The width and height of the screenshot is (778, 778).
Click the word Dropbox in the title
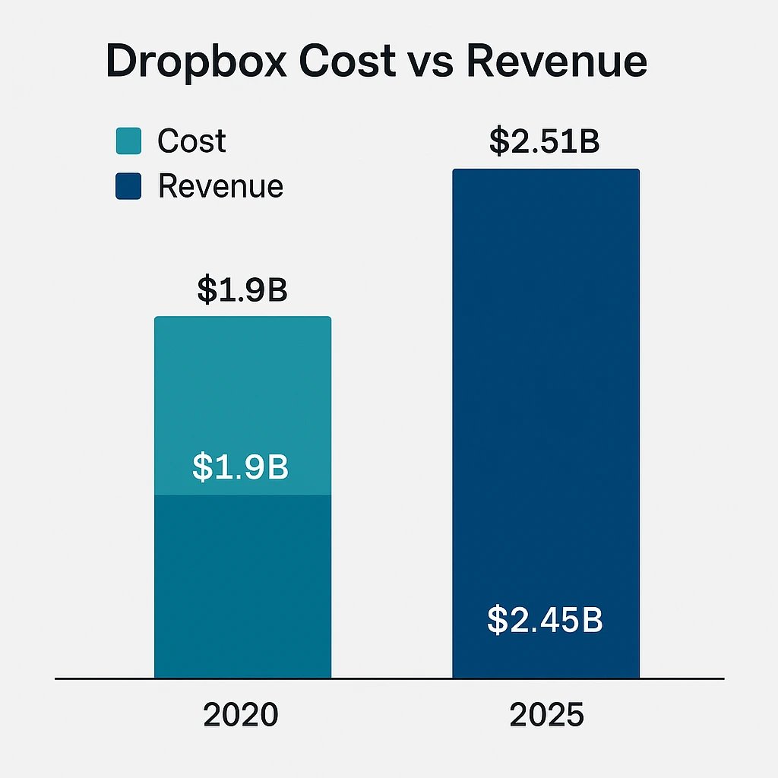(197, 62)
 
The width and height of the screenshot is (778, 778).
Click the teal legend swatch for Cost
(128, 141)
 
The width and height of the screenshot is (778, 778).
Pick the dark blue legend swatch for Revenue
(128, 186)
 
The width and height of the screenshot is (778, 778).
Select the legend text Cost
(191, 141)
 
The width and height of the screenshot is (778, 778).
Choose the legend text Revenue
(220, 186)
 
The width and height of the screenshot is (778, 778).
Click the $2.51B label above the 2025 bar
(545, 142)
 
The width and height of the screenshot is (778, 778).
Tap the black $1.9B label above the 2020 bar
(242, 289)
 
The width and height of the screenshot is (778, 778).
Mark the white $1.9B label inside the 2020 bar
(240, 468)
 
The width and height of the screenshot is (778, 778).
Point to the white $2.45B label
(545, 620)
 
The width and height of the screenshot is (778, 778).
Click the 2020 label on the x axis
(241, 715)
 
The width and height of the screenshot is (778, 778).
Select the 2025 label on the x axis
(546, 715)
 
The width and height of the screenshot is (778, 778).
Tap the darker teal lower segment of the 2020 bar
(242, 585)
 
